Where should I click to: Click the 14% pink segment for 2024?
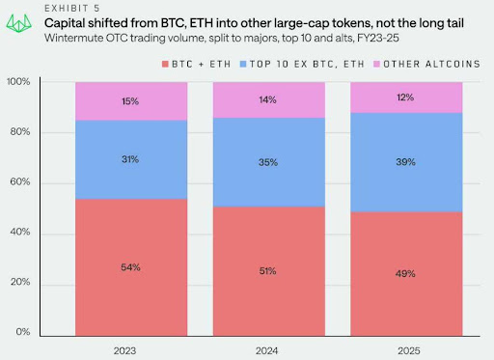click(269, 100)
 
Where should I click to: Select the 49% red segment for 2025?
click(407, 274)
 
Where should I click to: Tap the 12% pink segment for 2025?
click(407, 97)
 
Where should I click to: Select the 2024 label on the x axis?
click(269, 349)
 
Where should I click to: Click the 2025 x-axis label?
click(407, 349)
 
